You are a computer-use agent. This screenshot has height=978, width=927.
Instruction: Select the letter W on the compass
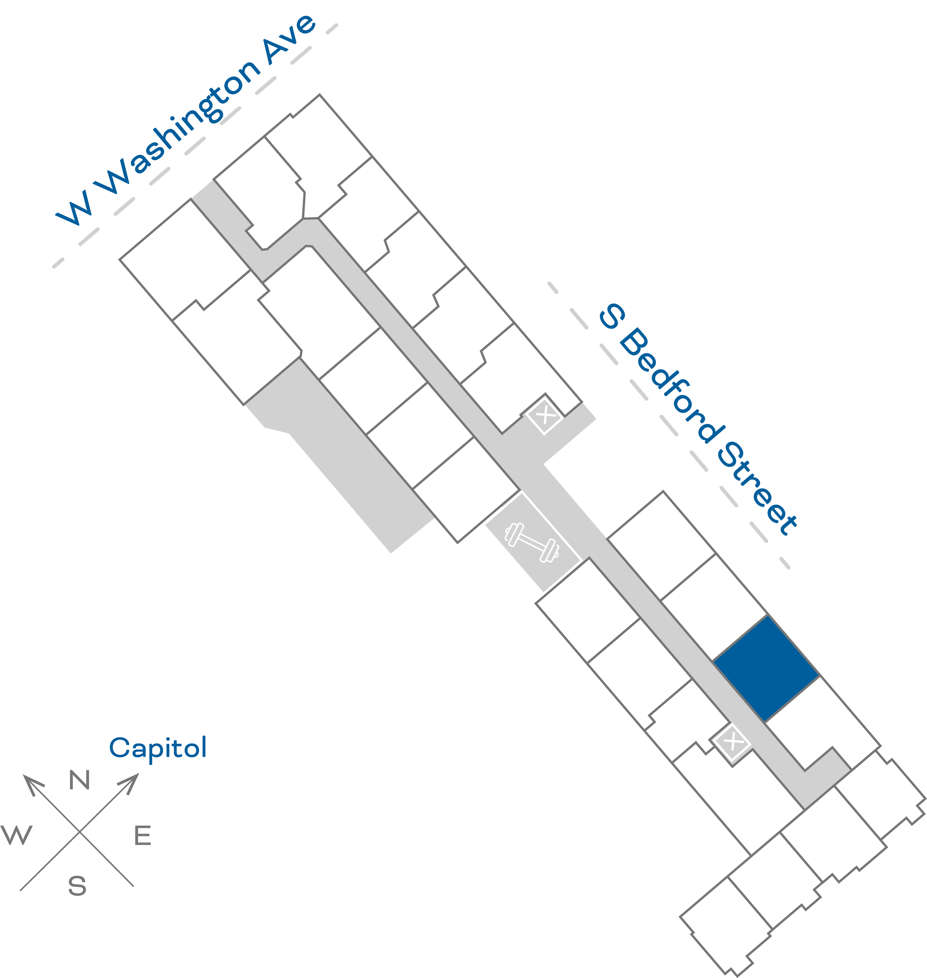17,835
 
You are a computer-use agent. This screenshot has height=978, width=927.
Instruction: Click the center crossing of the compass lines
79,831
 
